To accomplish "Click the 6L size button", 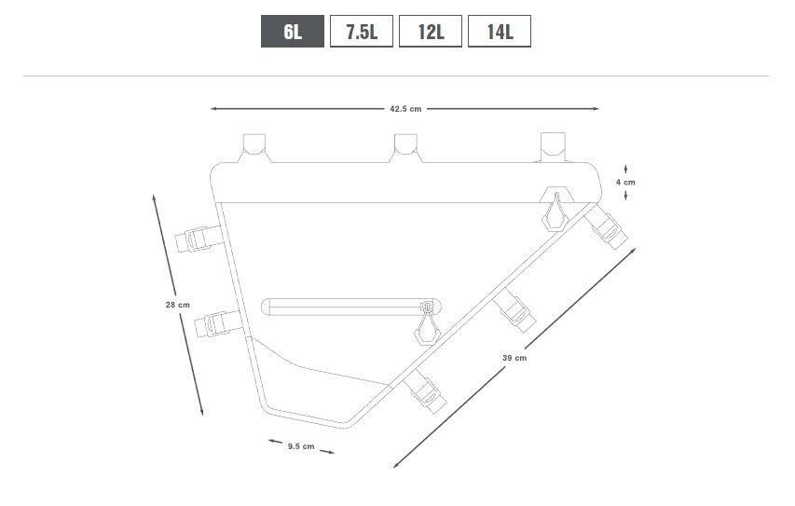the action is point(293,32).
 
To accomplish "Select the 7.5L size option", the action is point(362,32).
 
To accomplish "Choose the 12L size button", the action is point(431,32).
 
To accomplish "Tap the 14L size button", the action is point(500,32).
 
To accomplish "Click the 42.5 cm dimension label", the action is point(405,109).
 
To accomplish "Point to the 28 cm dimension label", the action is point(177,305).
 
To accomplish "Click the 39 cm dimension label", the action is point(514,358).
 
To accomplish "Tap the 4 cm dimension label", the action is point(625,182).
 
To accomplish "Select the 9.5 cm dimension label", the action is point(301,446).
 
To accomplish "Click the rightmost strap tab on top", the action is point(553,147).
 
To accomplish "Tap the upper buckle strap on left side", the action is point(199,238).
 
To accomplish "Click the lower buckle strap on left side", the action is point(219,323).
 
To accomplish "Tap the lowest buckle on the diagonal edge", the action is point(426,391).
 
